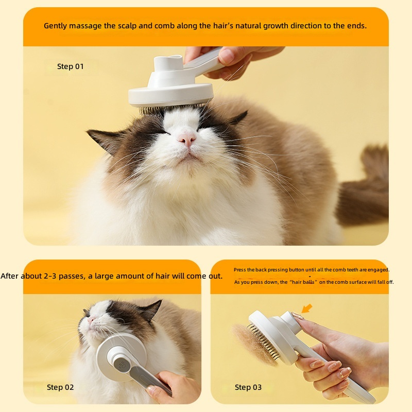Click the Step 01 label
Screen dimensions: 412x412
point(70,66)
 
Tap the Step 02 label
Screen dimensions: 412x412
point(60,387)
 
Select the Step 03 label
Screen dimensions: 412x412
point(248,387)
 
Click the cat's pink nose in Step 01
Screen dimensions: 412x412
point(187,139)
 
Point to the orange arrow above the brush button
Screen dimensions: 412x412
point(306,308)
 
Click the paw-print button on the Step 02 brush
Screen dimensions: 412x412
point(122,365)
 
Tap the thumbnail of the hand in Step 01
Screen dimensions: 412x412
point(226,56)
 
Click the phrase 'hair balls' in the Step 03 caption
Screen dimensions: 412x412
point(303,282)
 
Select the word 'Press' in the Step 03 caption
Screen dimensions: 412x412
point(239,269)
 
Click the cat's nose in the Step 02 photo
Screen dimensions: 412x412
point(90,320)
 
